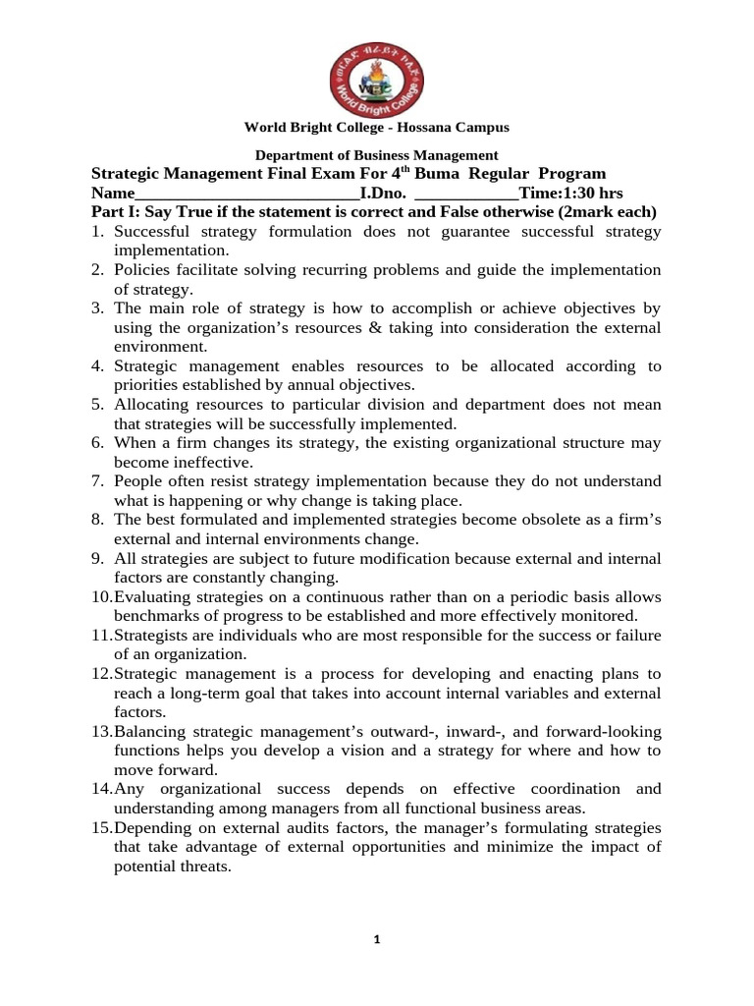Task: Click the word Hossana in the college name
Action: pyautogui.click(x=428, y=128)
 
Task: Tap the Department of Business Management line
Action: pyautogui.click(x=377, y=155)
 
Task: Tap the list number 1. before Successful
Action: pyautogui.click(x=98, y=232)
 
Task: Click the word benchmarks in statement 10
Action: pyautogui.click(x=159, y=616)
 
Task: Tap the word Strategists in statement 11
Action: pyautogui.click(x=153, y=635)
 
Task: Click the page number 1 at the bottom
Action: pyautogui.click(x=377, y=940)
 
